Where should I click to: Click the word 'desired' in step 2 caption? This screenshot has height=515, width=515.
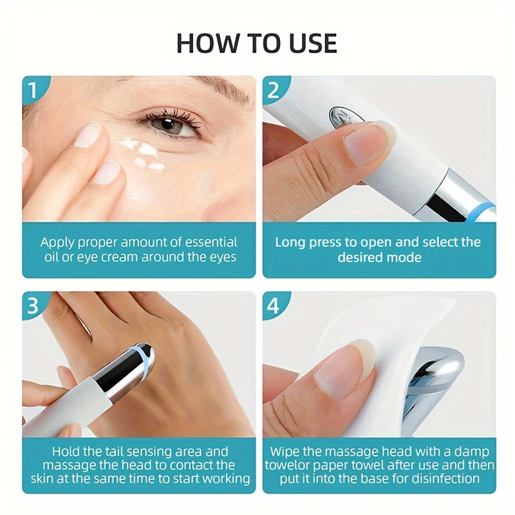362,257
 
